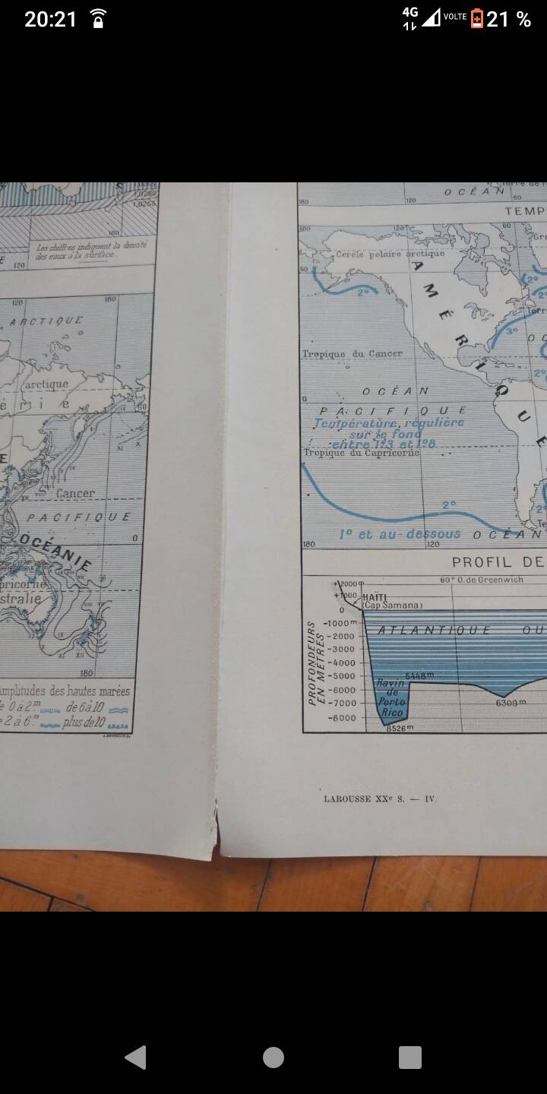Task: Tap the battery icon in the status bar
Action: point(477,19)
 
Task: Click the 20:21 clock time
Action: point(50,19)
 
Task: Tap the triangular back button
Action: point(136,1057)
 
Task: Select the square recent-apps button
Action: point(410,1057)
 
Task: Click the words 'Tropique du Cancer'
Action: point(352,354)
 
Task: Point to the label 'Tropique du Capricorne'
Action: point(361,453)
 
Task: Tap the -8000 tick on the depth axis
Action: point(340,717)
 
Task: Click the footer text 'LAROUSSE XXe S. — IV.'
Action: point(380,798)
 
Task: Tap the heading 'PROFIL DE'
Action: point(498,562)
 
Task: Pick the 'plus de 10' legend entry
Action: point(84,722)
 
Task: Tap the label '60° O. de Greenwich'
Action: point(478,581)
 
